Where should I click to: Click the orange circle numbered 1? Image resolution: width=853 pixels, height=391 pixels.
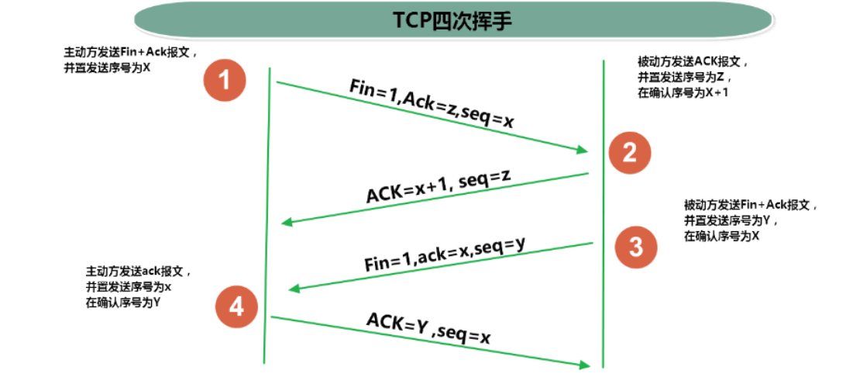(x=225, y=81)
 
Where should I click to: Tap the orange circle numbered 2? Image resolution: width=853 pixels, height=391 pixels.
(x=629, y=153)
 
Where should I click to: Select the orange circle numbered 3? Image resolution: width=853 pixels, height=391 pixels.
(x=635, y=247)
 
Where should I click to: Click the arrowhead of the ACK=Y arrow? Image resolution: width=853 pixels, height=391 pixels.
(x=583, y=364)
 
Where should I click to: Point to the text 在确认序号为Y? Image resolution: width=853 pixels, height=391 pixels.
(x=123, y=302)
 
